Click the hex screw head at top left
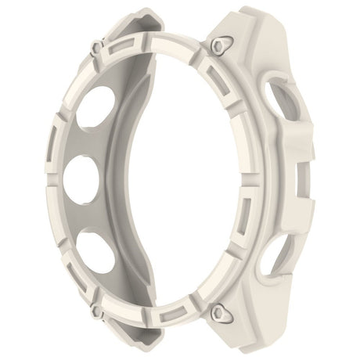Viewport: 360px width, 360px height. (x=95, y=49)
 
